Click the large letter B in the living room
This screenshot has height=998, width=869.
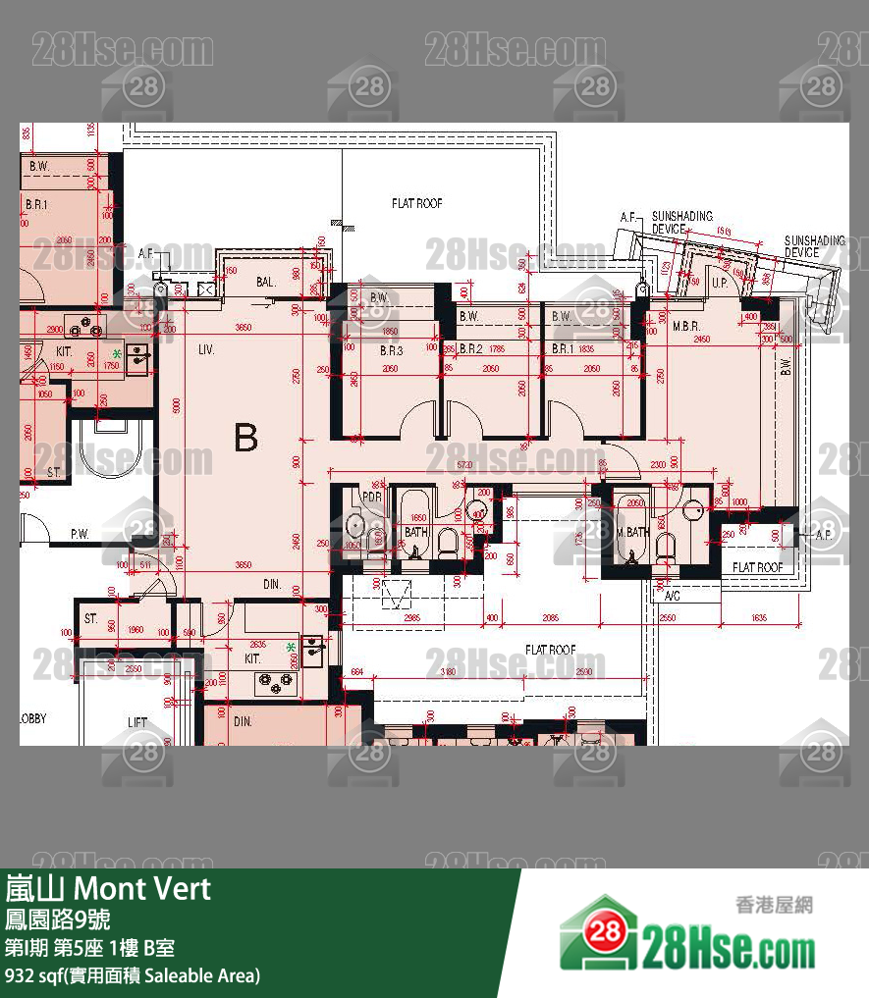pos(245,438)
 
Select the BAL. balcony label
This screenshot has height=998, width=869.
pos(265,282)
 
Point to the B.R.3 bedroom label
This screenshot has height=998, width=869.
pos(392,349)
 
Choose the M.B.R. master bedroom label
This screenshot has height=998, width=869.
pos(684,326)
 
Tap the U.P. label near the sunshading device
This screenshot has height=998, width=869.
pos(718,283)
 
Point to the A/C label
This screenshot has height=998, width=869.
pos(673,596)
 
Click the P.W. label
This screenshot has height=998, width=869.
pos(80,534)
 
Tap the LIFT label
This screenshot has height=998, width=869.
pos(137,722)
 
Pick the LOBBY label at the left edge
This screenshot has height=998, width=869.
pos(33,718)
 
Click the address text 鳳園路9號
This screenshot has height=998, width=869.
pos(57,919)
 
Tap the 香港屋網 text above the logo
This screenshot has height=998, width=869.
pos(774,905)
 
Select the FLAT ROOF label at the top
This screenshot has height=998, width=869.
pos(416,203)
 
